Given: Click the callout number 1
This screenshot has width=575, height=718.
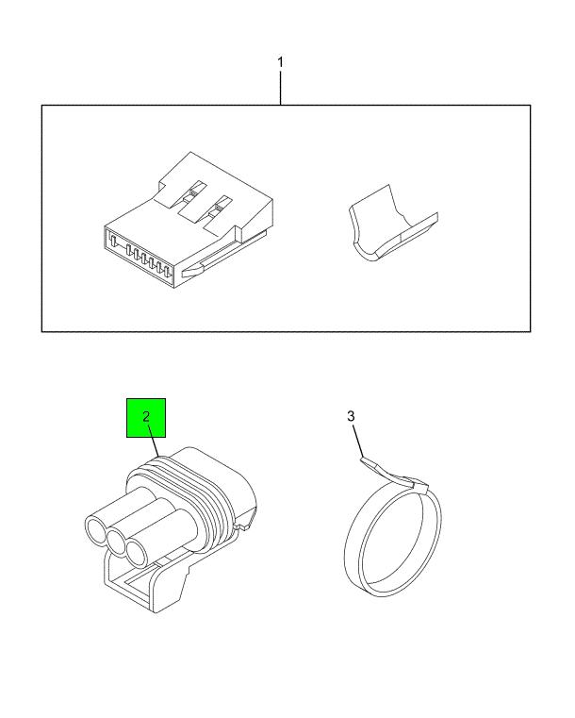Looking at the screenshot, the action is click(x=280, y=62).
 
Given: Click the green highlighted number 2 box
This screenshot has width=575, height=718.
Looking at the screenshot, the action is click(x=146, y=418).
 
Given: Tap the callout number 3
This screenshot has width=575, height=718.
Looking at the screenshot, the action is click(x=351, y=416).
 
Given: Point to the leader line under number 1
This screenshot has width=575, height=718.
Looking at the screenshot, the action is click(x=280, y=88).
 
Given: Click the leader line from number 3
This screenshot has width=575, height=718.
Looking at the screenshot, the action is click(x=358, y=441).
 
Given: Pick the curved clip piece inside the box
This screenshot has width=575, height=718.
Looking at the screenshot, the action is click(x=393, y=224).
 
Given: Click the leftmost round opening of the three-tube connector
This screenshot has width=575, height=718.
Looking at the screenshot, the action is click(x=96, y=530).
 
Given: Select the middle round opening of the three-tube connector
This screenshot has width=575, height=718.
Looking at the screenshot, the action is click(x=116, y=543).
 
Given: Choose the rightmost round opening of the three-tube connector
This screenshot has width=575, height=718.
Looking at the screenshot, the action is click(x=137, y=555).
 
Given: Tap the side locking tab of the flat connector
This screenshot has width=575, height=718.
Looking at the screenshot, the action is click(x=193, y=272).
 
